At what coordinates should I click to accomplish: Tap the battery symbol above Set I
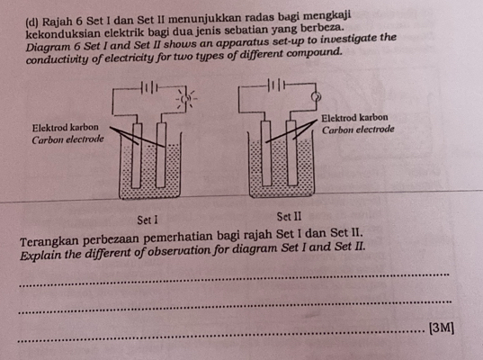click(151, 87)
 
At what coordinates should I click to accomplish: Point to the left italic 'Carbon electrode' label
click(68, 140)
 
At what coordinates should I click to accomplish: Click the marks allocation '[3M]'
click(442, 327)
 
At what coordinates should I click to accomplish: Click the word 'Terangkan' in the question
click(50, 240)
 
